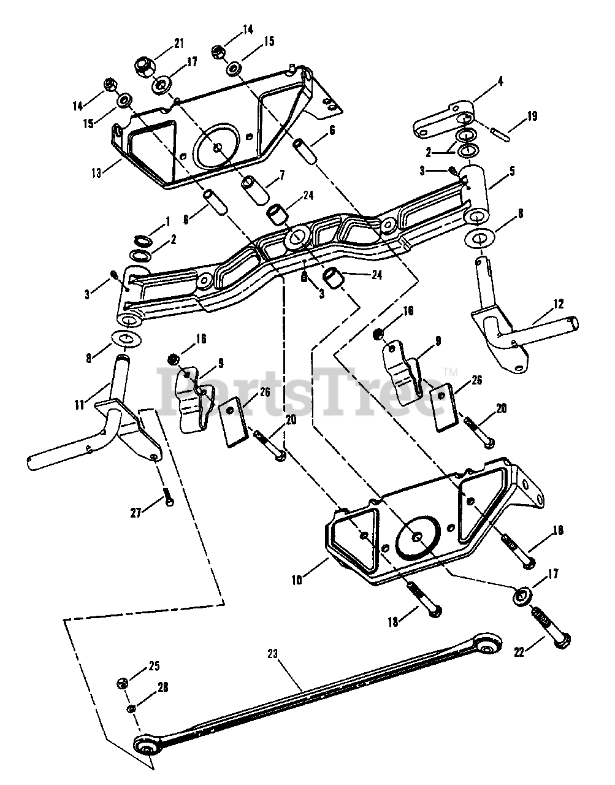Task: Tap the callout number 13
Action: (x=96, y=173)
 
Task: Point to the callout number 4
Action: (x=500, y=82)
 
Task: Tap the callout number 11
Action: (x=79, y=405)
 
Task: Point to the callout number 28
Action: (x=163, y=687)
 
